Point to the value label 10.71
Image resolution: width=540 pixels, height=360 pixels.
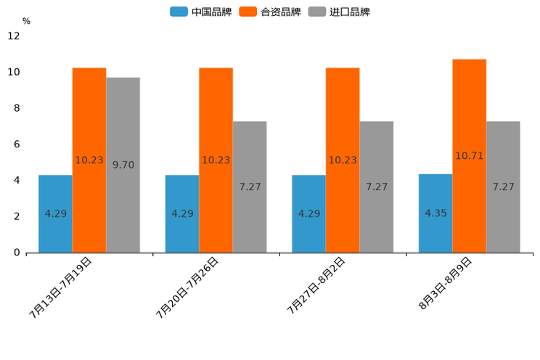coord(469,156)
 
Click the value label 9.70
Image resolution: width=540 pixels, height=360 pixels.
coord(123,165)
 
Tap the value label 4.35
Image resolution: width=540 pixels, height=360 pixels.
coord(435,213)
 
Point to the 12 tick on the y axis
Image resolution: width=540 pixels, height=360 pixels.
coord(14,36)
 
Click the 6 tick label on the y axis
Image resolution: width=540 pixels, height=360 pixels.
coord(17,144)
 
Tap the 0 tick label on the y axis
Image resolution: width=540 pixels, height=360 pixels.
coord(17,253)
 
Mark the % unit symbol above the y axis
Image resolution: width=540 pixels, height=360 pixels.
coord(26,21)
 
